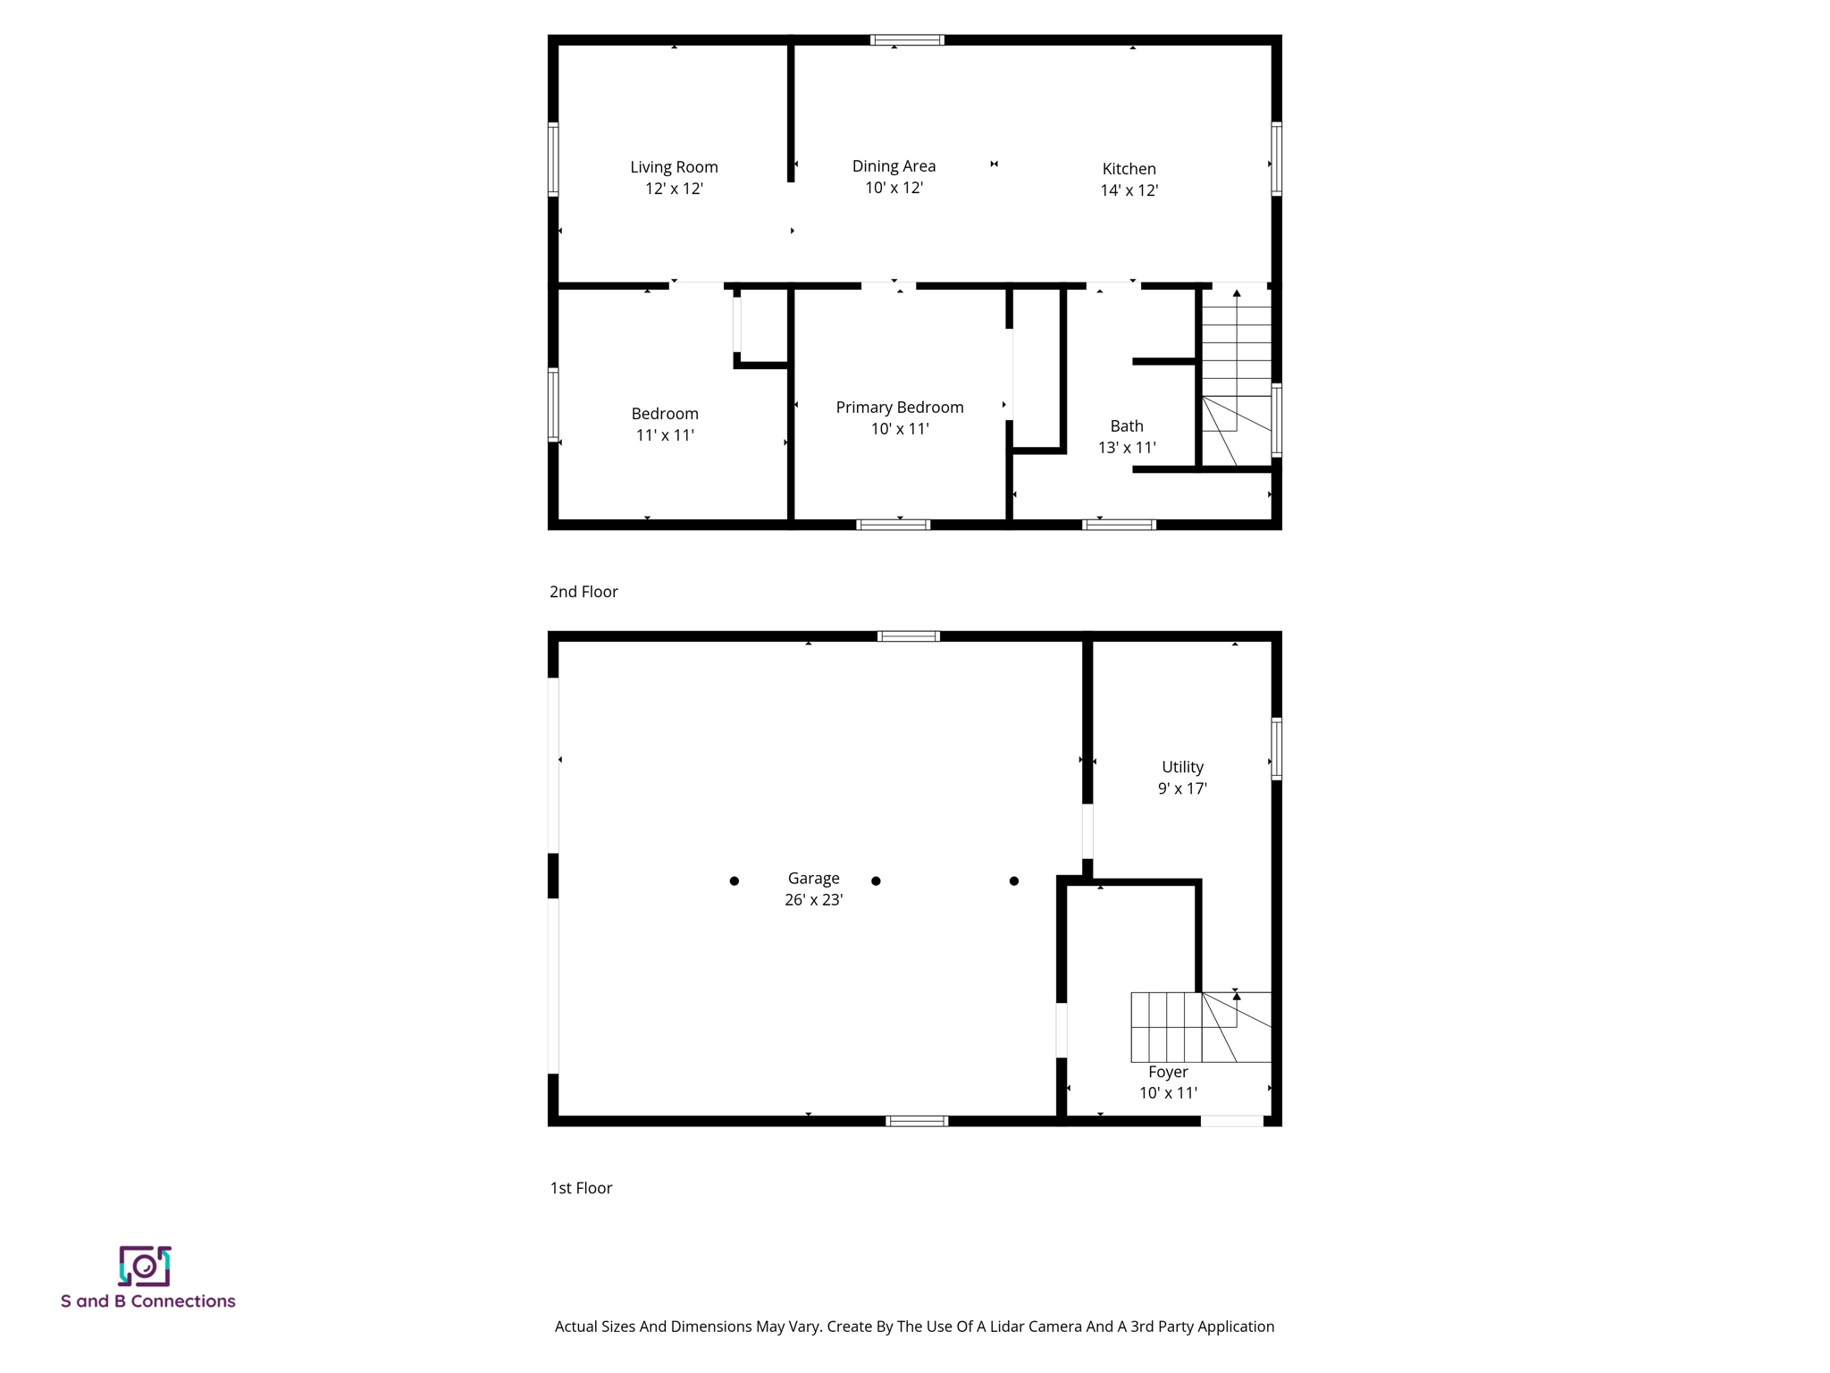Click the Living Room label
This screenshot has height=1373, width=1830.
click(674, 167)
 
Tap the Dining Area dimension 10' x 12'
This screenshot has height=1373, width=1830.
click(894, 188)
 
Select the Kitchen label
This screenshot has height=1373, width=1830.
click(1129, 169)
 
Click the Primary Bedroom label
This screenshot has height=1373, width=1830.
click(899, 408)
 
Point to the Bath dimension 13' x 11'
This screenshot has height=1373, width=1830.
click(1127, 448)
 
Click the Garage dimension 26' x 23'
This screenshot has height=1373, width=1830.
click(813, 900)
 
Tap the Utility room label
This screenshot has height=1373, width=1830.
click(1182, 767)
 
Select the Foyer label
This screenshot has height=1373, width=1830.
click(1168, 1072)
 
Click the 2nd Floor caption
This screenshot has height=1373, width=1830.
click(583, 592)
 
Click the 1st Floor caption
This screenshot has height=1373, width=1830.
click(581, 1188)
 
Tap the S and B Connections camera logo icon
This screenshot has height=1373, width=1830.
click(145, 1266)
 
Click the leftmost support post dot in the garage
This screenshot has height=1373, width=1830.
click(735, 881)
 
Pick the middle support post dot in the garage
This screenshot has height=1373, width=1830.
click(876, 881)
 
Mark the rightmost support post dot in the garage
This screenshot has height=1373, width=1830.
click(1014, 881)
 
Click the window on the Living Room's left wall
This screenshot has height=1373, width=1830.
click(553, 159)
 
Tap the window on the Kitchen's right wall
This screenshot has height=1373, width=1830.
click(1277, 159)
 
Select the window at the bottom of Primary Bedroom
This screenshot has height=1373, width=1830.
click(894, 525)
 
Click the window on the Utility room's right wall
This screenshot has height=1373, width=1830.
click(1277, 748)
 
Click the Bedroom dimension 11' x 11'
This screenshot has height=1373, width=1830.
click(665, 435)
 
